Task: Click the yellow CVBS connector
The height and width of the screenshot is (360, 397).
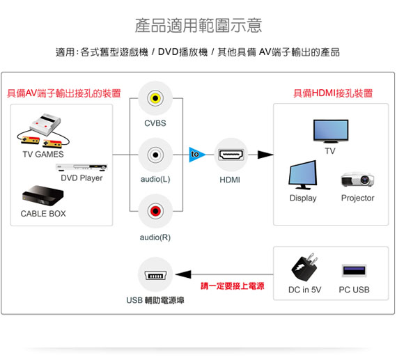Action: tap(155, 98)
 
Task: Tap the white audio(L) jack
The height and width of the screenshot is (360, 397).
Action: tap(155, 155)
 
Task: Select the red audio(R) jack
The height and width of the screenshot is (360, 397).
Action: tap(155, 211)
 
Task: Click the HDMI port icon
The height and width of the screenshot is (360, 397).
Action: tap(231, 155)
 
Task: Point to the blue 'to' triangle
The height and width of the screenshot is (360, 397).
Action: tap(196, 155)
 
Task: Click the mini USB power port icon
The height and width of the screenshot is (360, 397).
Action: tap(155, 275)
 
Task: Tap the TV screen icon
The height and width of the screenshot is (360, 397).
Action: tap(331, 131)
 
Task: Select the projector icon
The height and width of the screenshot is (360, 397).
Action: tap(357, 180)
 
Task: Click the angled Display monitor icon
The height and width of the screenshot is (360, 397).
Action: tap(303, 175)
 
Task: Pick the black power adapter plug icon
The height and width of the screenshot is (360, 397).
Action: tap(304, 267)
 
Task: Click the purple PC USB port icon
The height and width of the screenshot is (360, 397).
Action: tap(354, 271)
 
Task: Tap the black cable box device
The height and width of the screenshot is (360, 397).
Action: tap(42, 196)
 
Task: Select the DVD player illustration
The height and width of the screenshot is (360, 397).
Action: tap(81, 167)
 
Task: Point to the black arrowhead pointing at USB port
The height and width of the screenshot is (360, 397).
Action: tap(183, 274)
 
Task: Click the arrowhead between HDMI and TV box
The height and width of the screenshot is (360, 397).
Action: tap(265, 155)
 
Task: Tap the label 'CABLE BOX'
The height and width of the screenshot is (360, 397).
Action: tap(43, 214)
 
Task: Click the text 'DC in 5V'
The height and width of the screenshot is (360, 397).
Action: tap(304, 290)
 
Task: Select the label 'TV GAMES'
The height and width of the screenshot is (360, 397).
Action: tap(43, 154)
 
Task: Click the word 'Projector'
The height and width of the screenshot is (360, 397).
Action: tap(357, 198)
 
